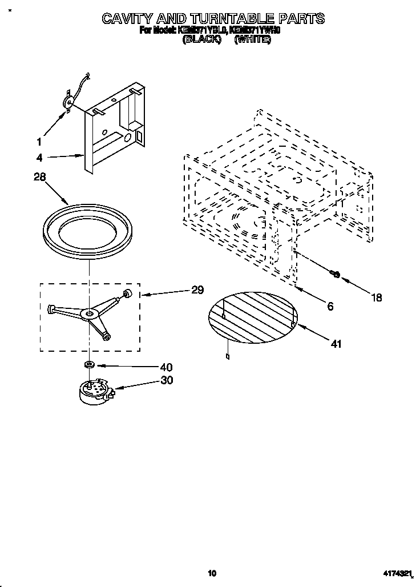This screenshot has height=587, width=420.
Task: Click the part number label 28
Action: coord(39,178)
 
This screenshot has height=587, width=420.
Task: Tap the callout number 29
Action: coord(197,290)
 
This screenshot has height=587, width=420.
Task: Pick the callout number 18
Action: coord(376,297)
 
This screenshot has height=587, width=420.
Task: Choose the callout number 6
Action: coord(330,306)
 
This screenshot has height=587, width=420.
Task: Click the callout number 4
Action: coord(39,158)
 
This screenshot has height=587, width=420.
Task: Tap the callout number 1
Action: coord(39,141)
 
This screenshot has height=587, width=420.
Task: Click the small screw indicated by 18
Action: coord(336,275)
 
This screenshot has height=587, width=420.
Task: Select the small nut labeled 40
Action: coord(90,364)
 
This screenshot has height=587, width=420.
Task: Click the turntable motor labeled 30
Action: coord(94,391)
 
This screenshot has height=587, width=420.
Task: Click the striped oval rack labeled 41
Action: coord(253,315)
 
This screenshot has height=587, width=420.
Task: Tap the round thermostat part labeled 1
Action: coord(68,102)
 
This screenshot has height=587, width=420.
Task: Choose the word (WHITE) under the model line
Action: coord(252,41)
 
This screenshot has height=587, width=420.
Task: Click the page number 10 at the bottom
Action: coord(212,573)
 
